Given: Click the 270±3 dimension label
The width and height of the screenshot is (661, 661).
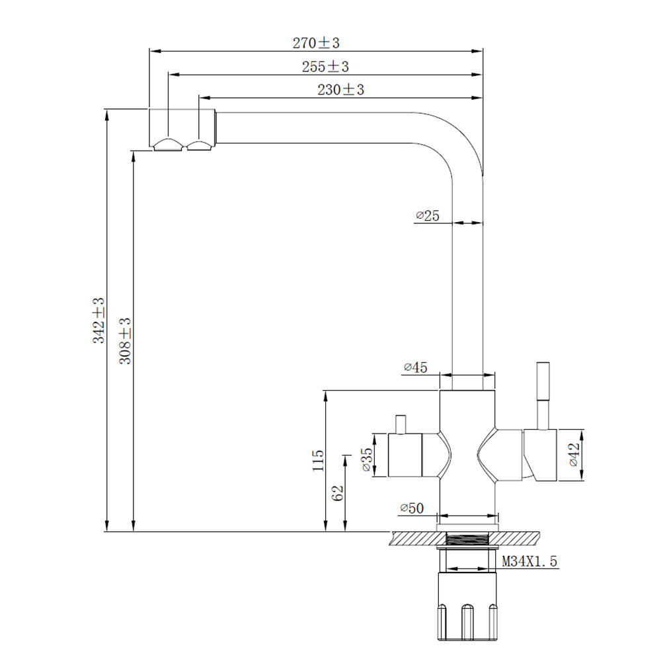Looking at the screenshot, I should pos(316,43).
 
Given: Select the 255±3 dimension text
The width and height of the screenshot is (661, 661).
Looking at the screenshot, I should pos(325,67).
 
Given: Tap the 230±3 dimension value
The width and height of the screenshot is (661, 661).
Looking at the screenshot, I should pos(340,90).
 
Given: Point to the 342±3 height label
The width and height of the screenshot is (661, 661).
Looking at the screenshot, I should pos(98,320).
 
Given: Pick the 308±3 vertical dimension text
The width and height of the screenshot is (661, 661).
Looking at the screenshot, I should pos(126,341).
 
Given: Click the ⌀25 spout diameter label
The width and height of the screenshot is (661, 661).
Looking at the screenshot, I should pos(428,215).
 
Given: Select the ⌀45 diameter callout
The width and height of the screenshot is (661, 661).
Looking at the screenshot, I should pos(415,368).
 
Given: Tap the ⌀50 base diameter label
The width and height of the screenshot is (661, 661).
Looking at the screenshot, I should pos(411,508).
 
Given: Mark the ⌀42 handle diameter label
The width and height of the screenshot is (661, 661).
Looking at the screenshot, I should pos(573,455).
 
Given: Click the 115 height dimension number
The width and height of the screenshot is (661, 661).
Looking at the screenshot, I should pos(319,461).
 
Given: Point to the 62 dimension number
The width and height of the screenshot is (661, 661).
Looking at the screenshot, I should pos(338,493).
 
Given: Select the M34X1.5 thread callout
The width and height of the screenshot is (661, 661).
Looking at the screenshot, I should pos(530,562).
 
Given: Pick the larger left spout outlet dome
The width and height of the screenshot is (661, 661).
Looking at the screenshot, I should pos(169,145).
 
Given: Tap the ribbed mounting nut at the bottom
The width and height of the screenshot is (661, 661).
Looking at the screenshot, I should pos(467,611).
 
